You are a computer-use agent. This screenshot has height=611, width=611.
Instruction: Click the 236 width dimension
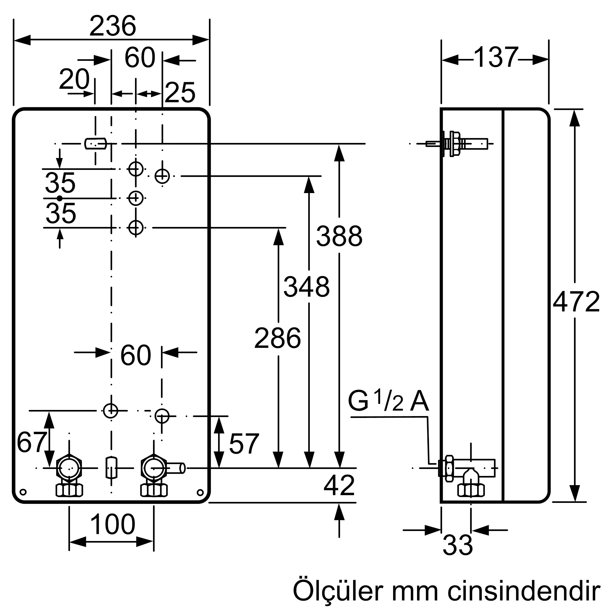(113, 26)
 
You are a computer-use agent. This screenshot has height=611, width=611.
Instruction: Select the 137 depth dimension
(496, 57)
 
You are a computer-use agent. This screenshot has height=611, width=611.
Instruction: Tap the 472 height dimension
(576, 302)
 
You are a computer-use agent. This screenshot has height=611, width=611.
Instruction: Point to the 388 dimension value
(339, 236)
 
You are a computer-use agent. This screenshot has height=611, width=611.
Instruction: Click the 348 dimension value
(306, 287)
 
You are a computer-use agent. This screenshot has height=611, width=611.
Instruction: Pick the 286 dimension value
(277, 338)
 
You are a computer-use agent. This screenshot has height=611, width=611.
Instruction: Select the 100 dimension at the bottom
(113, 524)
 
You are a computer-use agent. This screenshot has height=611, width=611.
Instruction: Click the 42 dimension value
(339, 485)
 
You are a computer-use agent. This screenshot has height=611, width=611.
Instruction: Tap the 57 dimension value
(244, 444)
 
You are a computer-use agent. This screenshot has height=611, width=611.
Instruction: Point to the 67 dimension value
(32, 442)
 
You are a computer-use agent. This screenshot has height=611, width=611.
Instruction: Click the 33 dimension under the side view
(458, 545)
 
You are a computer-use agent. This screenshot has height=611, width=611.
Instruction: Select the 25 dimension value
(180, 93)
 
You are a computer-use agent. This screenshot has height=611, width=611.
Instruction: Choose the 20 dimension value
(74, 79)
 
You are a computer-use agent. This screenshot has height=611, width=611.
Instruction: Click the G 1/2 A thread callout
(388, 402)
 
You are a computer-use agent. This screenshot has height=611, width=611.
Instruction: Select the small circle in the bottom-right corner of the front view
(200, 492)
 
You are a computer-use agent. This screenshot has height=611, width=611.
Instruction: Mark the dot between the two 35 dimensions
(60, 198)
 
